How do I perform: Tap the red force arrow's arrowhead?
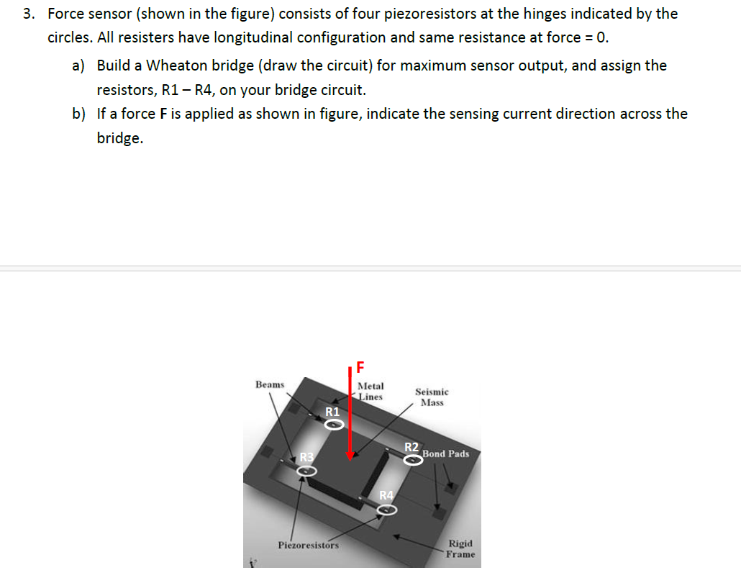350,453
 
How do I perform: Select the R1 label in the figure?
332,412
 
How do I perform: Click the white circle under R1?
335,425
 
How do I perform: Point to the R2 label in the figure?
412,447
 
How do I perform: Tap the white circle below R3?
307,471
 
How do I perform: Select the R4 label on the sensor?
386,495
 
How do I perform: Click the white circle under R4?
387,510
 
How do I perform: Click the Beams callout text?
270,385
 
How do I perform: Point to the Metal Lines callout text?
370,392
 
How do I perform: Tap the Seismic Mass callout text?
432,397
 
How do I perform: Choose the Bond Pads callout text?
446,454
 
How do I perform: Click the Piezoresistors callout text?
308,545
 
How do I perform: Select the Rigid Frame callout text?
460,549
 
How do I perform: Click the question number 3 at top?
27,14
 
